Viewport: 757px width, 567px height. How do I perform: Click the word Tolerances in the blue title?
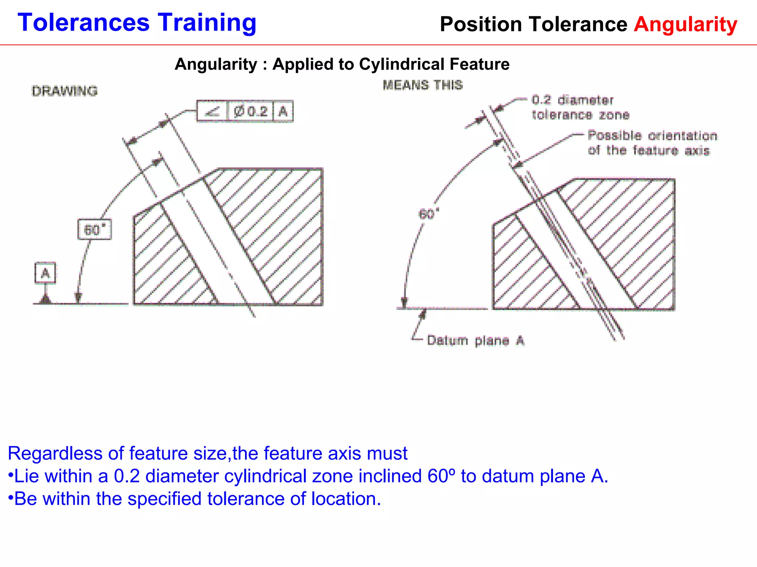tap(84, 23)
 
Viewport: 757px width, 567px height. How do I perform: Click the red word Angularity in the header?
tap(686, 24)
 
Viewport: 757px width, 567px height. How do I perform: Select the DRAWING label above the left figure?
tap(65, 91)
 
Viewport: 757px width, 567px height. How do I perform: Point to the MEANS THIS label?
tap(422, 85)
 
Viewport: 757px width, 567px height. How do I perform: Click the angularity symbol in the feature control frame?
tap(212, 111)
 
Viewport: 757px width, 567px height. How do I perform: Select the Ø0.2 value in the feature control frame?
tap(251, 111)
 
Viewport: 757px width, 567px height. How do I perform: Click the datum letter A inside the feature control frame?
tap(283, 111)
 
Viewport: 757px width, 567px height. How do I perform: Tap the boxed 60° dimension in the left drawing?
tap(95, 230)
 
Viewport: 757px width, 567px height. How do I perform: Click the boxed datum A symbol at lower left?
tap(45, 273)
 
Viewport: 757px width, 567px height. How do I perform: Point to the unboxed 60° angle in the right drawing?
tap(428, 214)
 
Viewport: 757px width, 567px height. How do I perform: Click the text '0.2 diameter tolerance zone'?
tap(580, 107)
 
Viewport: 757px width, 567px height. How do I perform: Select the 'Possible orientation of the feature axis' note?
tap(652, 143)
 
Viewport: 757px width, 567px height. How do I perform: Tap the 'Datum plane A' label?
tap(475, 340)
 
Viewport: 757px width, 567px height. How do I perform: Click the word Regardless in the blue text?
tap(55, 453)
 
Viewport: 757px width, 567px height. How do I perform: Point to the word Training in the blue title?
tap(207, 23)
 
